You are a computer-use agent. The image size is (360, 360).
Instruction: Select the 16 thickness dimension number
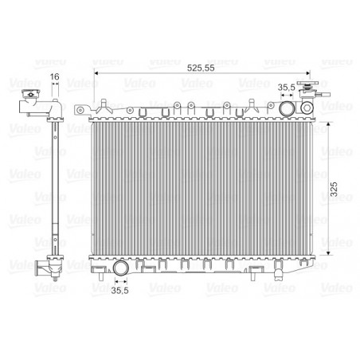pyautogui.click(x=54, y=77)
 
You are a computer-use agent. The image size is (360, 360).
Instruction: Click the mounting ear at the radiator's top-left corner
pyautogui.click(x=82, y=110)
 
